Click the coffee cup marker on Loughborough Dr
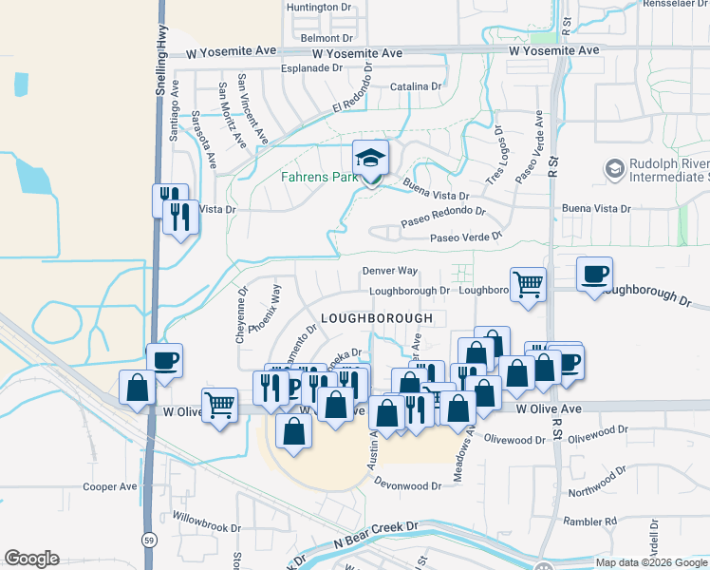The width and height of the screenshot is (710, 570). click(x=594, y=275)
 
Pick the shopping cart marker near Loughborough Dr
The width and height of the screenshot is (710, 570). click(x=529, y=282)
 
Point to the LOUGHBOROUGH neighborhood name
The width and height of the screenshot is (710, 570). click(x=377, y=317)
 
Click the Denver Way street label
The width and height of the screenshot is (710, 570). click(x=390, y=271)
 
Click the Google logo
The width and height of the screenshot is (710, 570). click(x=31, y=559)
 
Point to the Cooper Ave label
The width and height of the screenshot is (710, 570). click(x=110, y=487)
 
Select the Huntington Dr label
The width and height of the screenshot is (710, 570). click(x=319, y=7)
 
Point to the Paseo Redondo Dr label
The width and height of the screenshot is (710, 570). click(x=443, y=216)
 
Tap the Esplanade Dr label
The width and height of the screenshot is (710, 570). click(x=311, y=68)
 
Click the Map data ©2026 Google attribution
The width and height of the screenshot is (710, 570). click(x=650, y=562)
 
